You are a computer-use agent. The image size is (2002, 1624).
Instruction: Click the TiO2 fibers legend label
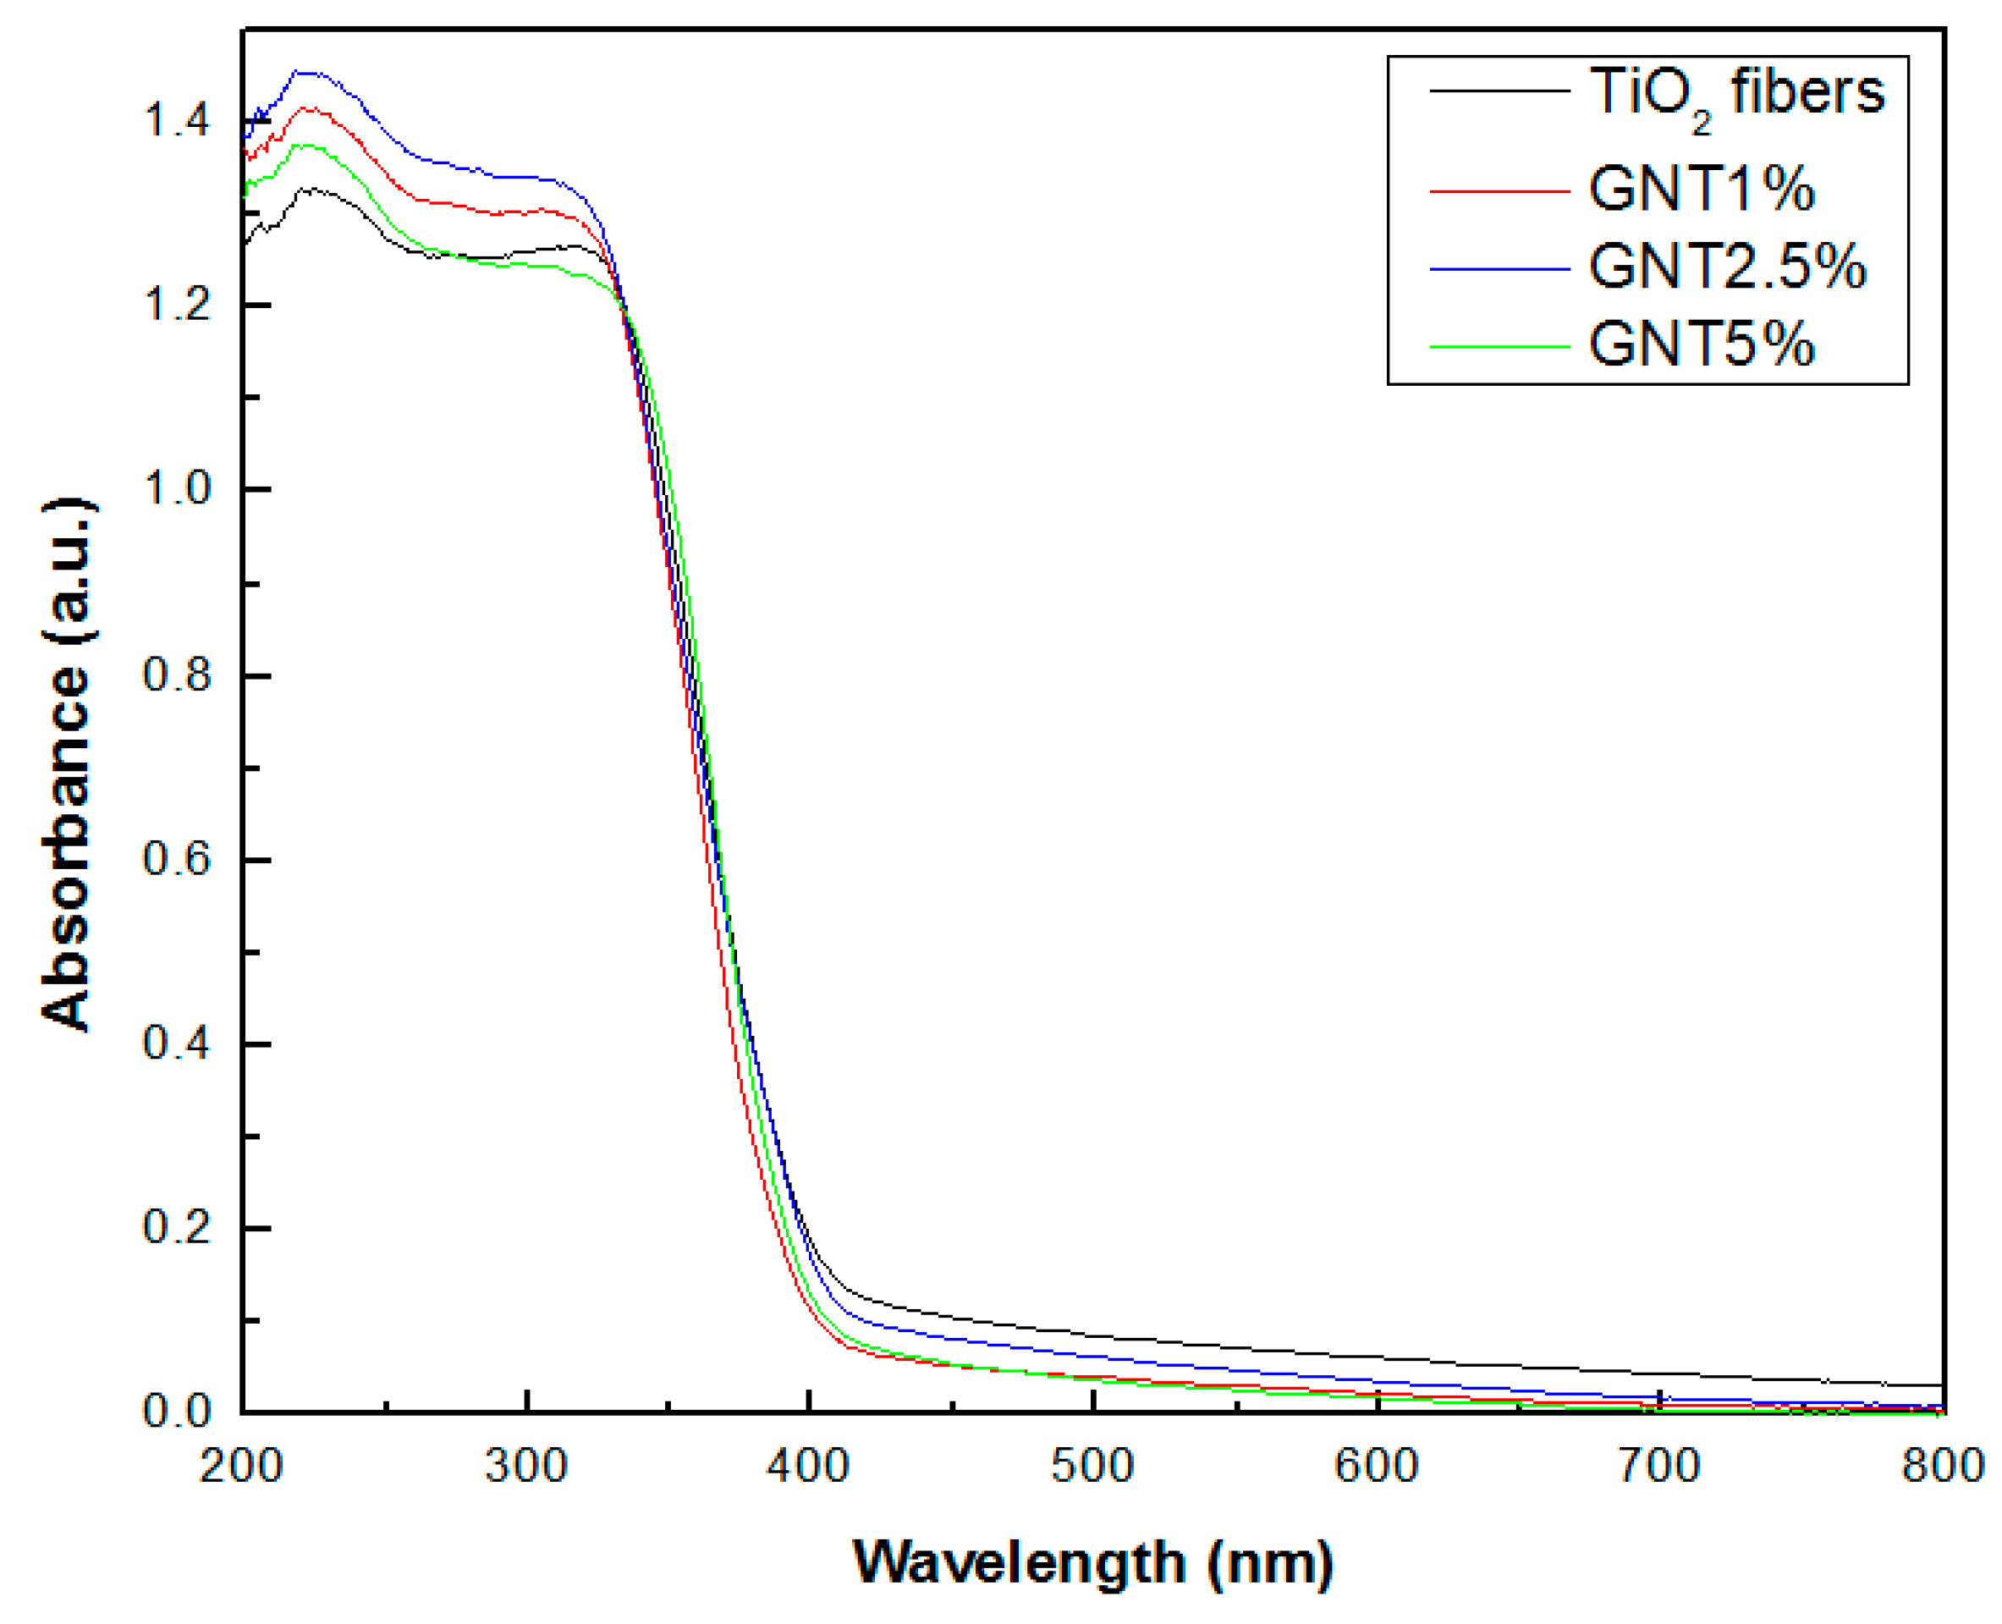[1735, 94]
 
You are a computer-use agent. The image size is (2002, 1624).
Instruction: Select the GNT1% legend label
[1701, 190]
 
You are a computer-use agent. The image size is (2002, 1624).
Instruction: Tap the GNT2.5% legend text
[1727, 267]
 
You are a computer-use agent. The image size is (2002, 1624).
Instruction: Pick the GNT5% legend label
[1701, 345]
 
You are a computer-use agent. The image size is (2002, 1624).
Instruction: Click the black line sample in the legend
[1499, 91]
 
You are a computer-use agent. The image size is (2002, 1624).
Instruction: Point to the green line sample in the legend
[1499, 347]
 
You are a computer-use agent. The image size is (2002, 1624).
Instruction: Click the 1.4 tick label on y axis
[177, 121]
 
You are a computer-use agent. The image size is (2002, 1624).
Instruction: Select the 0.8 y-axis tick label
[177, 675]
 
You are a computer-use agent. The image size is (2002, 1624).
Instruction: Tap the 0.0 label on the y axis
[177, 1411]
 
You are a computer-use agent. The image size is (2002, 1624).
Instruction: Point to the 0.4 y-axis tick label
[177, 1043]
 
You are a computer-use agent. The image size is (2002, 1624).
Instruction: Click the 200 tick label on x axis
[241, 1466]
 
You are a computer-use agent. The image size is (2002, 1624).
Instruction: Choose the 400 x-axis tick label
[807, 1466]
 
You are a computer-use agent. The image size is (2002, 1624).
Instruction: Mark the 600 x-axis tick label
[1376, 1466]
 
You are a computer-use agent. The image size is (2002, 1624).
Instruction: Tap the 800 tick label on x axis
[1942, 1466]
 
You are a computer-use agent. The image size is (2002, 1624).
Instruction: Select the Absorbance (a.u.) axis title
[68, 765]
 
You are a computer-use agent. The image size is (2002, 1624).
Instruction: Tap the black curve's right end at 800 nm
[1942, 1385]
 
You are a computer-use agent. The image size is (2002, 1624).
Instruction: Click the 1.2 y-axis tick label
[177, 305]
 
